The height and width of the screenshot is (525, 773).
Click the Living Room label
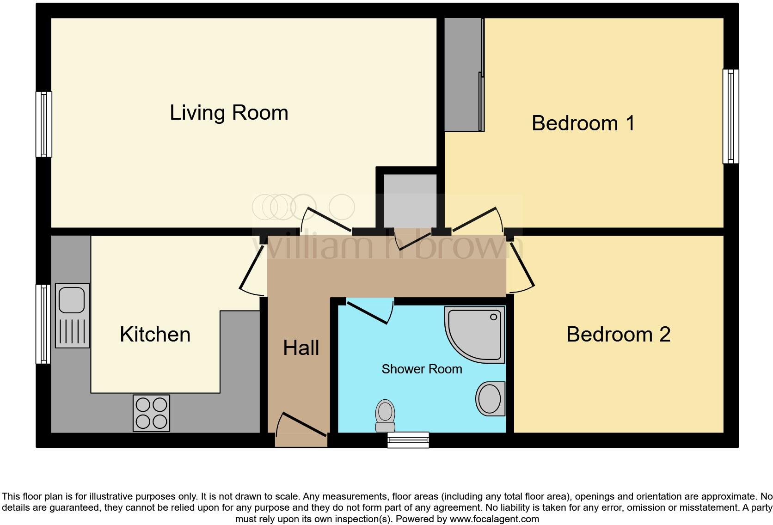(229, 113)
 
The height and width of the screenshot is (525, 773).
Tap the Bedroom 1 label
(583, 123)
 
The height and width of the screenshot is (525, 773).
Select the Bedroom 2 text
(618, 334)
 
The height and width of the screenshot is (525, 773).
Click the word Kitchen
(155, 334)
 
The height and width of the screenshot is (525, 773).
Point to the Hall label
(301, 348)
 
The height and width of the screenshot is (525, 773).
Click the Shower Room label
(422, 369)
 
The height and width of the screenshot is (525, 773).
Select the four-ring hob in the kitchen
(151, 413)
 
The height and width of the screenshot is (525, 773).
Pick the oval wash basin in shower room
(490, 398)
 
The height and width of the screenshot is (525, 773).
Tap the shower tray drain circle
(494, 317)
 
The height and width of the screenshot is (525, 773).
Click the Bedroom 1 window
(730, 116)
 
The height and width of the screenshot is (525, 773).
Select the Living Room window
(44, 124)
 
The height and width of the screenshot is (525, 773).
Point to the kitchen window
(44, 324)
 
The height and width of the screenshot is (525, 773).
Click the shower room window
(408, 440)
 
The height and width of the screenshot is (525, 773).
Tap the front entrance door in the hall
(301, 425)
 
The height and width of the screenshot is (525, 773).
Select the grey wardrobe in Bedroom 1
(464, 75)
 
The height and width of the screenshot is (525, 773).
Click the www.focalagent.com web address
(494, 519)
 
